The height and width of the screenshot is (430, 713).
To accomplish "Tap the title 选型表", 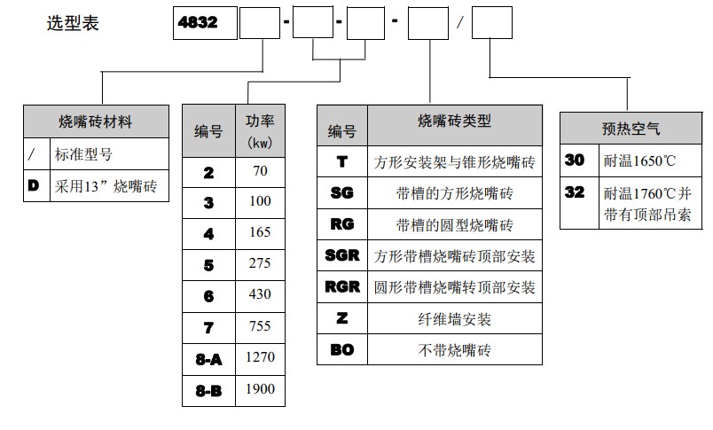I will coord(73,23).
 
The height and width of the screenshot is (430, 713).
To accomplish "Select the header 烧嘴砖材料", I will coord(96,121).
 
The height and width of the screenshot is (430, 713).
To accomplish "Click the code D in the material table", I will coord(33,187).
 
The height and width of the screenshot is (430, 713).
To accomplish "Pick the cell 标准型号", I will coord(85,154).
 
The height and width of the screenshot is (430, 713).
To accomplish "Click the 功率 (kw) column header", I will coord(260,131).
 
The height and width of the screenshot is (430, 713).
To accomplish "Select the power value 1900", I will coord(261,389).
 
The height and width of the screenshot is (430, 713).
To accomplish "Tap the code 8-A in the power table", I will coord(208,359).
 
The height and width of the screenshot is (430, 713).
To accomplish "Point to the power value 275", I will coord(261,265).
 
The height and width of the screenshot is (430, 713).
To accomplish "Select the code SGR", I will coord(342,256).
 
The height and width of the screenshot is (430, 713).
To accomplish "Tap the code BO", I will coord(342,349).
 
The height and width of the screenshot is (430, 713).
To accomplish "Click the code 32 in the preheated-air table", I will coord(575,192).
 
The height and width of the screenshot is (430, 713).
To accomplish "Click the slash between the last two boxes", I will coord(460,23).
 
